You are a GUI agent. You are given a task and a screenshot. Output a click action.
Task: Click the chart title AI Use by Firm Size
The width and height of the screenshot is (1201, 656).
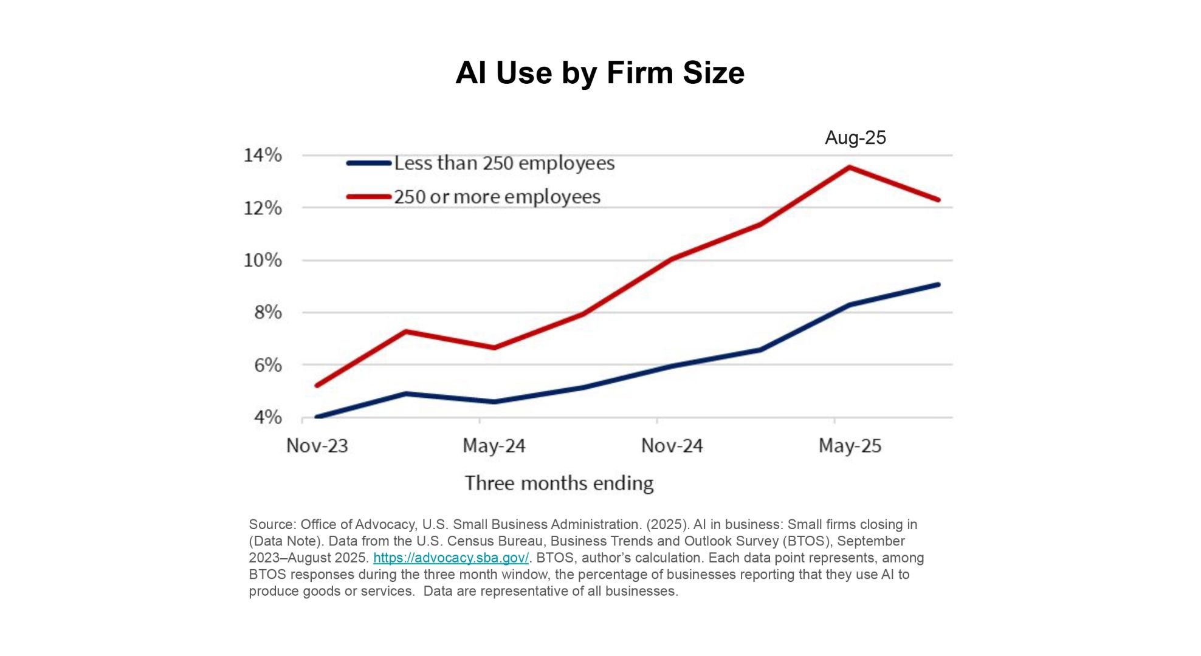click(600, 73)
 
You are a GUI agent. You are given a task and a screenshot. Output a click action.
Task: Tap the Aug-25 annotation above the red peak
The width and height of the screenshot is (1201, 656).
click(855, 138)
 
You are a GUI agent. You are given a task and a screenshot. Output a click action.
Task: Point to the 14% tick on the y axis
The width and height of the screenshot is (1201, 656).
click(263, 155)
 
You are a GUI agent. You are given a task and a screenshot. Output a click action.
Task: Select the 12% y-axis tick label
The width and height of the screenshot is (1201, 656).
click(263, 208)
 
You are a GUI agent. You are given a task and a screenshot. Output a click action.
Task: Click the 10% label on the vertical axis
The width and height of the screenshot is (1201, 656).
click(263, 261)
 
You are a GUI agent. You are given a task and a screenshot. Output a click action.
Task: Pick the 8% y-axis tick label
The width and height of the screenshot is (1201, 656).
click(267, 313)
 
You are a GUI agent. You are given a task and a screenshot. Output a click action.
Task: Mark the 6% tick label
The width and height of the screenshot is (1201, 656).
click(267, 365)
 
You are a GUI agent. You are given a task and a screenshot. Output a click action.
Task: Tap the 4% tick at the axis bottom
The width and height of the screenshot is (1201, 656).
click(267, 417)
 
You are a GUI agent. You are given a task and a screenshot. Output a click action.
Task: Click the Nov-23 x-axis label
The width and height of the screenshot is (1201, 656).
click(317, 446)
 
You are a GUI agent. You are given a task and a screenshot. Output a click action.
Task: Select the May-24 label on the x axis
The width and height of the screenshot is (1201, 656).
click(494, 446)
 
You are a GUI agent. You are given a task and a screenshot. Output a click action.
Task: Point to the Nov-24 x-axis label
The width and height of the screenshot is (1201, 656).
click(672, 446)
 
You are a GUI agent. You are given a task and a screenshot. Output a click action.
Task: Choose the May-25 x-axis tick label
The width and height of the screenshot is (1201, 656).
click(850, 446)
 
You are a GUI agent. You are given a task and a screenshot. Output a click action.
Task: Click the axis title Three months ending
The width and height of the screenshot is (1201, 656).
click(559, 483)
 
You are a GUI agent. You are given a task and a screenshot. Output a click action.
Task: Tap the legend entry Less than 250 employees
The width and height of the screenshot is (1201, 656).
click(504, 163)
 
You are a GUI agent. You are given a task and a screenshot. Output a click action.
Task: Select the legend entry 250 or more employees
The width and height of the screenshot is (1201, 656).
click(497, 197)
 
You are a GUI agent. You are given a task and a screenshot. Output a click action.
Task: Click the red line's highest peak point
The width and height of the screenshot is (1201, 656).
click(849, 167)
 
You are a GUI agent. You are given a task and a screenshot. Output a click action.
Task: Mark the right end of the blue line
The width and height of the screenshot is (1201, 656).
click(938, 284)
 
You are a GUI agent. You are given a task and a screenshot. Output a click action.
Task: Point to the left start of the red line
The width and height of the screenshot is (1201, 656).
click(317, 385)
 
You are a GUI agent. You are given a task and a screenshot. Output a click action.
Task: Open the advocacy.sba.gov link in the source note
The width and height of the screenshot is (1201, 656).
click(450, 558)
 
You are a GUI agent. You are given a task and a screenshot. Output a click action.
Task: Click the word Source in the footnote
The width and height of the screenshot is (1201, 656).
click(271, 524)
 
